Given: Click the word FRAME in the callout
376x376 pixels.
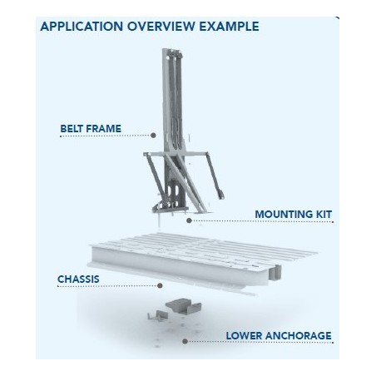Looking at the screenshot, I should click(106, 128).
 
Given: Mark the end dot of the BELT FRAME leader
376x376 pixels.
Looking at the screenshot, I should click(154, 135).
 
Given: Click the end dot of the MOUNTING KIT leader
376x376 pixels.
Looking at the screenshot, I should click(190, 221).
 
